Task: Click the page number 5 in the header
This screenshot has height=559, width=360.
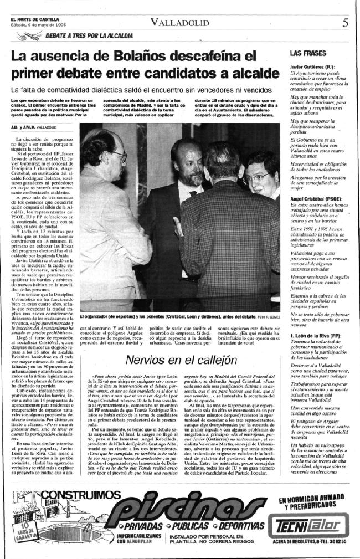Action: (344, 23)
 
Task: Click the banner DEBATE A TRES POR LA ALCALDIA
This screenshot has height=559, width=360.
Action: (88, 35)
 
